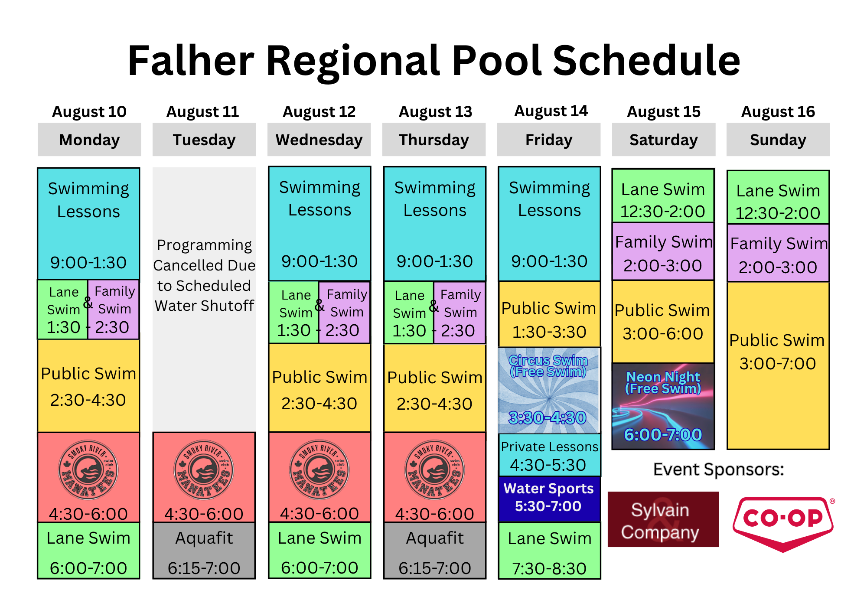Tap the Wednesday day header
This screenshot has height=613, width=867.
(x=319, y=140)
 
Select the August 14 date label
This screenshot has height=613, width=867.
(x=551, y=111)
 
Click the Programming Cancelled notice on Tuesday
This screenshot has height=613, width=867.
(x=204, y=275)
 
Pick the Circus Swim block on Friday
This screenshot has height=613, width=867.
(x=549, y=390)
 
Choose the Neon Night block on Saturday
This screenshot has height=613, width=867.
(x=663, y=406)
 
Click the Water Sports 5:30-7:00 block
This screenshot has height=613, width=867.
(x=549, y=499)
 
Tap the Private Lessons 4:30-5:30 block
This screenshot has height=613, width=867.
(x=549, y=455)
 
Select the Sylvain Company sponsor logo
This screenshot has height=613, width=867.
(x=663, y=519)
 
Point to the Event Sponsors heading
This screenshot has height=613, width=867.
(x=718, y=470)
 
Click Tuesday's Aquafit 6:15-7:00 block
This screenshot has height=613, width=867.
(x=204, y=551)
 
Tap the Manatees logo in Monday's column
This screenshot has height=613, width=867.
(x=88, y=470)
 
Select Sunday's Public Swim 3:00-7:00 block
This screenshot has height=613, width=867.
(x=778, y=365)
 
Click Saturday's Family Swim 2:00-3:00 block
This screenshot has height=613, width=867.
(x=663, y=251)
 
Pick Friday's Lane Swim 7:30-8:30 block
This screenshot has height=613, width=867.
(x=549, y=551)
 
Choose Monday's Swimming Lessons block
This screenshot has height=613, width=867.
(x=88, y=224)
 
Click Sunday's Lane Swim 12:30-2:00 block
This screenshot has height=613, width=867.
(x=778, y=197)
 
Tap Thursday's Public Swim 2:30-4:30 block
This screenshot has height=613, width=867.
(x=435, y=388)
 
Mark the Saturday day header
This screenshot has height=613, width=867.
(x=663, y=140)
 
